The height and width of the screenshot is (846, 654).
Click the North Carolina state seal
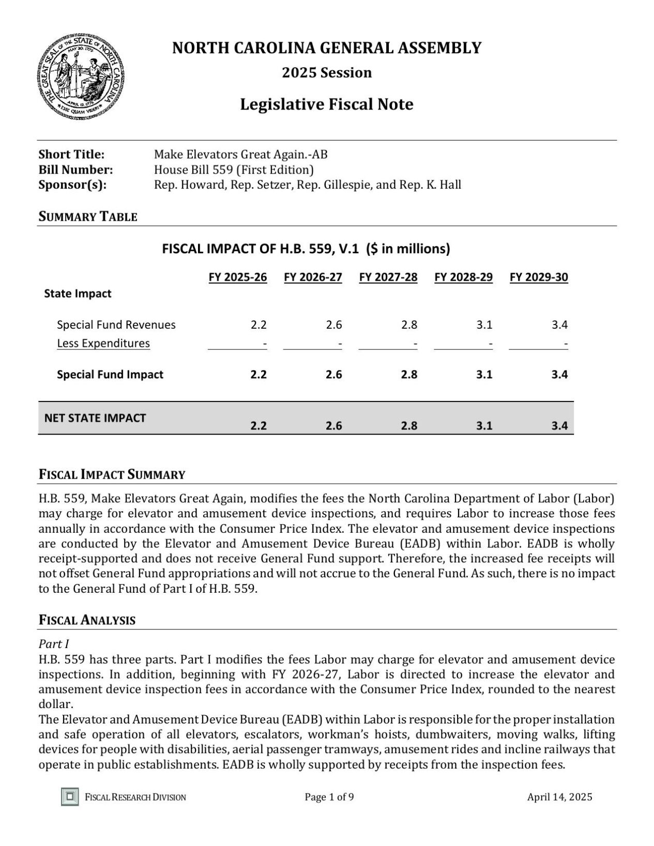pos(81,76)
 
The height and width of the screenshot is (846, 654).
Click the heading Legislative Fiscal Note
pos(326,104)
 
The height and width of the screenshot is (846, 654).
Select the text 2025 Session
pos(326,72)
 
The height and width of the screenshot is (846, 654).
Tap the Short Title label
pos(71,155)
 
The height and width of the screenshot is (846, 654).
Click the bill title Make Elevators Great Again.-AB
pos(240,155)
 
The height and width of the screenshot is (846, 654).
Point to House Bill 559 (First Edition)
pos(234,170)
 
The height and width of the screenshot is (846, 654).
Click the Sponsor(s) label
pos(72,184)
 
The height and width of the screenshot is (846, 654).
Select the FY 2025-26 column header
pos(238,278)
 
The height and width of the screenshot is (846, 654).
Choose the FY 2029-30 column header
pos(539,278)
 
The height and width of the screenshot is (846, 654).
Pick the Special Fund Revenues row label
pos(116,325)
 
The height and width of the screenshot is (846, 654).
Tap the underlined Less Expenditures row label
pos(103,344)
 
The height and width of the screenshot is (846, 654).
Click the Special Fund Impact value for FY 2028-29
pos(484,375)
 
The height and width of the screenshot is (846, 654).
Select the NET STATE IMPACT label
pos(95,418)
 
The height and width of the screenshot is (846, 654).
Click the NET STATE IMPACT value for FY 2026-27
pos(333,426)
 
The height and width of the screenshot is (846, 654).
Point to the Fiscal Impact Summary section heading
pos(112,474)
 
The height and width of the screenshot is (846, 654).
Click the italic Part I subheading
pos(54,644)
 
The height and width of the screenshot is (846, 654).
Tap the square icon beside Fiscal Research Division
pos(70,796)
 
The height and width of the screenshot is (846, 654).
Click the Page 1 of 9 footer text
pos(329,797)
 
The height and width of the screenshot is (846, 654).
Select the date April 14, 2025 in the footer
pos(559,797)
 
